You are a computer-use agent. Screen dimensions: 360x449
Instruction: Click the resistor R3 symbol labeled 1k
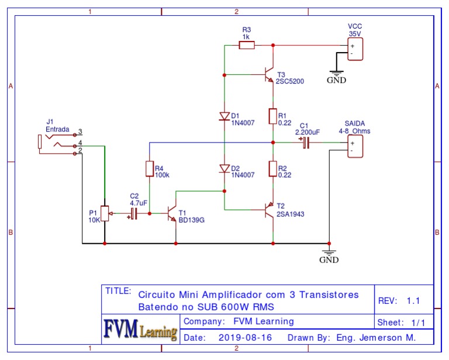tap(246, 45)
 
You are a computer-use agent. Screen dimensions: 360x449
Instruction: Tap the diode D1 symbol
tap(224, 116)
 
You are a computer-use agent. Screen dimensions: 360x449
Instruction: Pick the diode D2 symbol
tap(224, 169)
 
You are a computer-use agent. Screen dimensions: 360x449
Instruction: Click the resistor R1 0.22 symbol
tap(272, 116)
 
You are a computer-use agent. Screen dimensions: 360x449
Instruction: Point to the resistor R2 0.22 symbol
tap(272, 169)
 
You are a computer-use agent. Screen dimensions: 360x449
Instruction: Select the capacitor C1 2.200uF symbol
tap(305, 142)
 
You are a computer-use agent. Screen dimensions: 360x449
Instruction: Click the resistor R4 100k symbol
tap(150, 169)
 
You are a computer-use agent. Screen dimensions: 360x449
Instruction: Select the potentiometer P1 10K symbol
tap(105, 213)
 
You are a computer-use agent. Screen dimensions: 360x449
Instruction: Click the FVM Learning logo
tap(140, 330)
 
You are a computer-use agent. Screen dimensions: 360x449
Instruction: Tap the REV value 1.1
tap(414, 300)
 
